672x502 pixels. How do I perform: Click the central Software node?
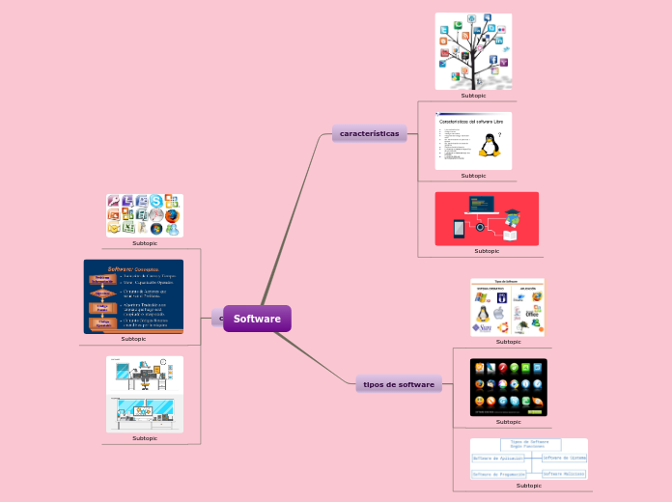tap(257, 319)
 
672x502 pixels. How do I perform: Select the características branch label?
tap(369, 133)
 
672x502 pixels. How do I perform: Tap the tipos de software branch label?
tap(399, 384)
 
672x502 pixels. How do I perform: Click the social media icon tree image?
tap(473, 51)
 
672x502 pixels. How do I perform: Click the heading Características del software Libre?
tap(471, 122)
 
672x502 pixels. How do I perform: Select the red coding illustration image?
tap(487, 218)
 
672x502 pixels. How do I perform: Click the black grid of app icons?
tap(508, 387)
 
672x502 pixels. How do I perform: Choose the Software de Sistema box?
tap(564, 458)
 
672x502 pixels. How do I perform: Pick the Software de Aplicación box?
tap(496, 458)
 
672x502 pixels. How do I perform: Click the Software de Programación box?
tap(498, 474)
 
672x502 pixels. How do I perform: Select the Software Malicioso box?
tap(564, 474)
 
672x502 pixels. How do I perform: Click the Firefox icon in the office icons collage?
tap(172, 216)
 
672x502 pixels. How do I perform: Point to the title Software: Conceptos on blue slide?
tap(133, 268)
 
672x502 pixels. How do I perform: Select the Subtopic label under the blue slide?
tap(133, 339)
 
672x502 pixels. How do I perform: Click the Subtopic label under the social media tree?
tap(473, 96)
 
